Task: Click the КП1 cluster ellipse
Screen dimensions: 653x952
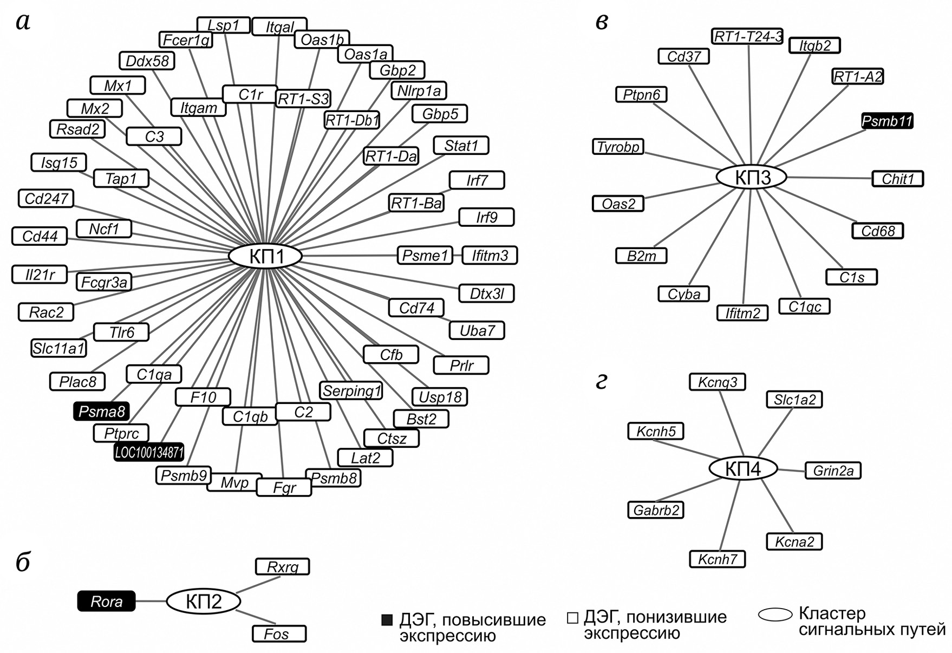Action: click(265, 256)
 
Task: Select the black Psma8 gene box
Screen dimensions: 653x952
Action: click(101, 412)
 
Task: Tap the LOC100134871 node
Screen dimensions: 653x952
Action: click(149, 452)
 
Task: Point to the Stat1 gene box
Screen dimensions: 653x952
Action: click(461, 146)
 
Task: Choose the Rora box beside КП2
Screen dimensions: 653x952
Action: click(106, 601)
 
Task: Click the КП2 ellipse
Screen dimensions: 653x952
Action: click(203, 601)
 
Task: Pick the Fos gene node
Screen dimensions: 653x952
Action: click(279, 634)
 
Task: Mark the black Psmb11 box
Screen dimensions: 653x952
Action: click(887, 121)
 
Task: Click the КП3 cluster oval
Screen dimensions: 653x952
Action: click(752, 177)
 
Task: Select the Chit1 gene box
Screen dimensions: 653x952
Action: click(897, 179)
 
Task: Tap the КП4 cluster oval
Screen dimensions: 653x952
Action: click(743, 469)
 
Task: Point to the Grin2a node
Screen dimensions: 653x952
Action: click(833, 471)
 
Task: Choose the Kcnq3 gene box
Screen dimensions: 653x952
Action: click(717, 382)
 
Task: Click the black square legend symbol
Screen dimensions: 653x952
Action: click(387, 620)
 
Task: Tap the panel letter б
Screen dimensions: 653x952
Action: click(23, 563)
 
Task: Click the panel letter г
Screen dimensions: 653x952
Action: click(601, 381)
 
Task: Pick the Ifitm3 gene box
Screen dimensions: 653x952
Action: click(490, 255)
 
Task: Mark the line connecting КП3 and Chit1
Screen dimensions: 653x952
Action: click(829, 178)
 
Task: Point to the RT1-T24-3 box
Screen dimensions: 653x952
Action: click(748, 36)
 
